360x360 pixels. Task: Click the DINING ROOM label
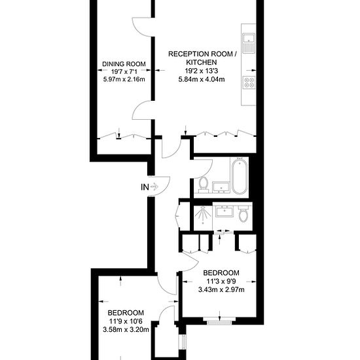124,64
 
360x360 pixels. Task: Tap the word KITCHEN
202,62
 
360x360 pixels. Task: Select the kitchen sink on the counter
249,43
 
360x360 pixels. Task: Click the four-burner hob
249,82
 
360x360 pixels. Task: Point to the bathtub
240,176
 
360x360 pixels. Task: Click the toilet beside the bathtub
203,185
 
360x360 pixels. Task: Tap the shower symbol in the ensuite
203,215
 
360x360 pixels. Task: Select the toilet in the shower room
243,213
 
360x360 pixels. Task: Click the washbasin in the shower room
225,211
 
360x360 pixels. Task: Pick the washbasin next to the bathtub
221,188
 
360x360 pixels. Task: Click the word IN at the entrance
145,187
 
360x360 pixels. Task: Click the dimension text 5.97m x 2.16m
124,80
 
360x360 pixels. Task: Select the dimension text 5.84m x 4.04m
202,79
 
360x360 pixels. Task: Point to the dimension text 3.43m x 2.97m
221,290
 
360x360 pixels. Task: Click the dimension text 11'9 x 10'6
126,321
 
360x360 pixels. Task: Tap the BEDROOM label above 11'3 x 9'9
221,273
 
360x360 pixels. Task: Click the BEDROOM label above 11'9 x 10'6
126,313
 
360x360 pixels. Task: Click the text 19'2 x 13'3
202,71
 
